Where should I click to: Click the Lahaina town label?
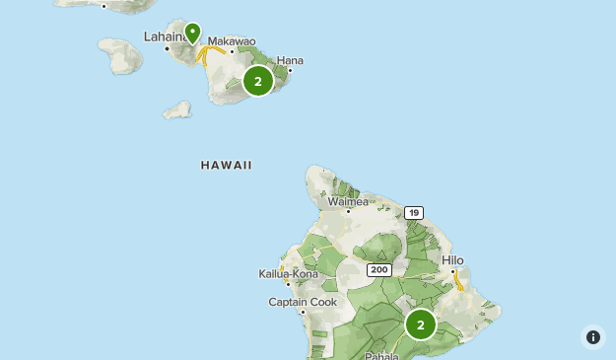(164, 36)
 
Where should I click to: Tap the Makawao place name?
(232, 41)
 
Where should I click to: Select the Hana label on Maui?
(290, 60)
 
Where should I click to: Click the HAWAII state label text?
(226, 166)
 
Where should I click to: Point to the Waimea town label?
(348, 201)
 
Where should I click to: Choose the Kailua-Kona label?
(288, 273)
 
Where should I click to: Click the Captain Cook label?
(303, 302)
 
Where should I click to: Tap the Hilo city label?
(452, 260)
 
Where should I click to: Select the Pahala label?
(381, 355)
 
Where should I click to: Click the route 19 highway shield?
(413, 212)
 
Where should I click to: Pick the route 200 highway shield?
(378, 269)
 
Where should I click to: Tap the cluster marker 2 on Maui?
(258, 81)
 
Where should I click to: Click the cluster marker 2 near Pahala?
(421, 324)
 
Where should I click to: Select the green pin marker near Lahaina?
(193, 33)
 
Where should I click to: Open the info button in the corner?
(592, 337)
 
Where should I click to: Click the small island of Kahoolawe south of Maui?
(177, 109)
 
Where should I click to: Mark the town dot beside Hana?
(290, 70)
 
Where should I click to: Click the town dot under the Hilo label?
(452, 271)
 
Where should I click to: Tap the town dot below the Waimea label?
(348, 211)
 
